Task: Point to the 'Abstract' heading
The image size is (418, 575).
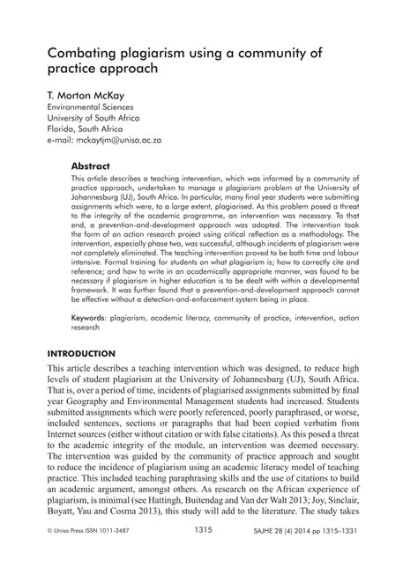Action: tap(90, 165)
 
